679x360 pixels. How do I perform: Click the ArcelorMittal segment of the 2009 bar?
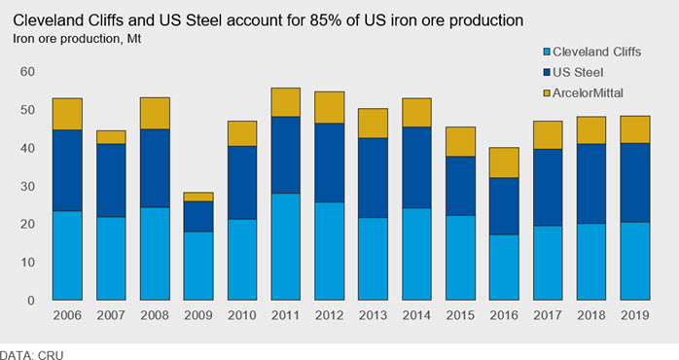(198, 198)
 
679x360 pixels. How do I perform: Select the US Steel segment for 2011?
(286, 155)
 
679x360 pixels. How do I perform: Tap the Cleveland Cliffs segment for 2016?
(504, 268)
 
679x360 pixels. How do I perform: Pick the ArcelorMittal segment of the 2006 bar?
(67, 115)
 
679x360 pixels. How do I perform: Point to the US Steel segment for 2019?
(635, 183)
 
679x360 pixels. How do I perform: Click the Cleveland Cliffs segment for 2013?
(373, 259)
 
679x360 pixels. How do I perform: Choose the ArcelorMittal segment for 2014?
(416, 113)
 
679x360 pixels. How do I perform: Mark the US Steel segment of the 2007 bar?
(111, 181)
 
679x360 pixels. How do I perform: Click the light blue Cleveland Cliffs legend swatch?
(547, 53)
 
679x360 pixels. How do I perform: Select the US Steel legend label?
(578, 72)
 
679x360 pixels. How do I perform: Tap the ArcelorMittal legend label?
(589, 92)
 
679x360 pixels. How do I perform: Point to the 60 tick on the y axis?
(27, 71)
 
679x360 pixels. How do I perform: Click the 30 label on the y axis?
(27, 186)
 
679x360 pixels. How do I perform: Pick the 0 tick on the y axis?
(31, 301)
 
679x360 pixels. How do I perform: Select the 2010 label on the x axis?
(242, 315)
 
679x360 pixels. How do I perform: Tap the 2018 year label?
(591, 315)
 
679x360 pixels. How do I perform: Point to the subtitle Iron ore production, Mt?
(77, 39)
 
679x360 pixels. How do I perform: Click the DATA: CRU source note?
(31, 355)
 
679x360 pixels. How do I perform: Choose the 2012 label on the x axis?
(330, 315)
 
